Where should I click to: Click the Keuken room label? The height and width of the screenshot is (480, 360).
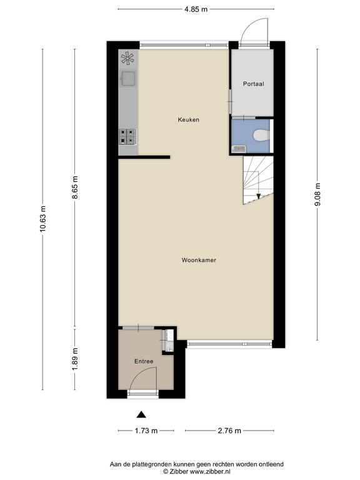[x=189, y=120]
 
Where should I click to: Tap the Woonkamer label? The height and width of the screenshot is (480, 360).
[x=199, y=260]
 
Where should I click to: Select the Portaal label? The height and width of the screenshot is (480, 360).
[x=254, y=84]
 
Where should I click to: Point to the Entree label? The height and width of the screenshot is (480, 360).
[x=144, y=361]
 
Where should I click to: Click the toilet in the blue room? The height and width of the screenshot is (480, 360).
[x=261, y=135]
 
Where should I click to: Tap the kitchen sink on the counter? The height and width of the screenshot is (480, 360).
[x=128, y=78]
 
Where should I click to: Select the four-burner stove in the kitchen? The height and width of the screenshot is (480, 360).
[x=127, y=136]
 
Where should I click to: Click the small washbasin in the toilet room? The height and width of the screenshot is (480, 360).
[x=239, y=149]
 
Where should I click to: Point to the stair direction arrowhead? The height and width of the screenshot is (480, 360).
[x=258, y=196]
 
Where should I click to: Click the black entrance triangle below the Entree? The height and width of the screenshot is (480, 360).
[x=141, y=414]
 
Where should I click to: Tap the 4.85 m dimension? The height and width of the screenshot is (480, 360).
[x=196, y=9]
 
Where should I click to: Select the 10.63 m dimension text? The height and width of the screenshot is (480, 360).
[x=43, y=219]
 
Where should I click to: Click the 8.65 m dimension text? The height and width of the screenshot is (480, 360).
[x=75, y=187]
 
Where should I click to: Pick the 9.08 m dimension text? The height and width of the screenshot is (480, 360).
[x=317, y=194]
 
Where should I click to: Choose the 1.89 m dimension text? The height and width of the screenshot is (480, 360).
[x=75, y=359]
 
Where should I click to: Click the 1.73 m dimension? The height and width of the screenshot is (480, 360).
[x=146, y=431]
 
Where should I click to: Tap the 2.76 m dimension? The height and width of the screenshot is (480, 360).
[x=229, y=431]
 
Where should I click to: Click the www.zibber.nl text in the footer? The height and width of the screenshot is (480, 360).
[x=210, y=471]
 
